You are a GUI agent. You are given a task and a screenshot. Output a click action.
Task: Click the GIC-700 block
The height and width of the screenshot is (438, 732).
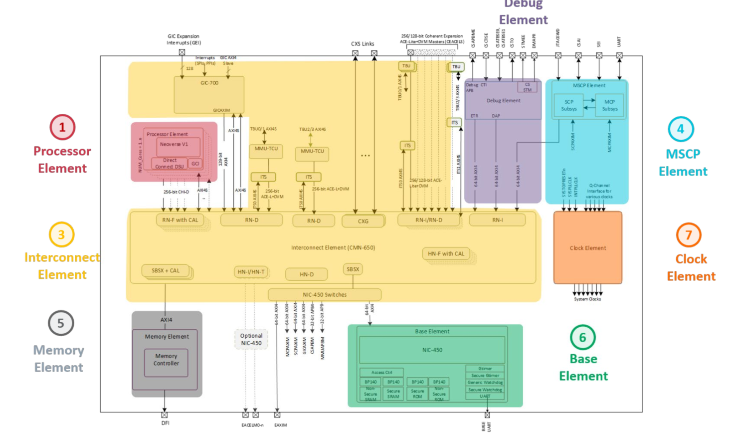click(x=209, y=94)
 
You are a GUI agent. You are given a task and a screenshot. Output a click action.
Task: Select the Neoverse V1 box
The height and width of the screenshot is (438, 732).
click(x=175, y=145)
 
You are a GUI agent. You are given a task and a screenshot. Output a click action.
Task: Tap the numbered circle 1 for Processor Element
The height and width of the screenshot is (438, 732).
click(x=62, y=127)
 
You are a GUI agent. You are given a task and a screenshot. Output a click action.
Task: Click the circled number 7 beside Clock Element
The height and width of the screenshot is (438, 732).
click(x=689, y=235)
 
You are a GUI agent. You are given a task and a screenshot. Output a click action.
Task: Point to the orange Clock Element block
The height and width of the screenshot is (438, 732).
click(x=588, y=248)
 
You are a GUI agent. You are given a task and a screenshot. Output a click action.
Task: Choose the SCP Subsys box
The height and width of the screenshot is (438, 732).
click(x=569, y=105)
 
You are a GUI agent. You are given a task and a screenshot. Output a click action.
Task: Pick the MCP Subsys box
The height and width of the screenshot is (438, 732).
click(x=609, y=105)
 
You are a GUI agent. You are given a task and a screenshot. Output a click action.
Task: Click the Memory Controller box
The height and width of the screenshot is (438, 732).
click(x=166, y=360)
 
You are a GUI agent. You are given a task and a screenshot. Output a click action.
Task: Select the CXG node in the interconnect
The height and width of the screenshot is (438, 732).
click(x=363, y=221)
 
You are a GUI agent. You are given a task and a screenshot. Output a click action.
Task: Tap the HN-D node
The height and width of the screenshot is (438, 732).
click(x=307, y=274)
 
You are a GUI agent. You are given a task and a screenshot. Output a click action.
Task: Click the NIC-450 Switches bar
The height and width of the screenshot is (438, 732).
click(x=325, y=295)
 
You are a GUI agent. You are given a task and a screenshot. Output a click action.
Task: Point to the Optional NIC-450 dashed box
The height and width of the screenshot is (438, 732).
click(x=251, y=339)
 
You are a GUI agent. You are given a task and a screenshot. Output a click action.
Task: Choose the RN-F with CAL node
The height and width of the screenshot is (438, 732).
click(x=180, y=220)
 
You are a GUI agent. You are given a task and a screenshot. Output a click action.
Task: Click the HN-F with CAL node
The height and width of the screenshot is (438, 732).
click(x=446, y=254)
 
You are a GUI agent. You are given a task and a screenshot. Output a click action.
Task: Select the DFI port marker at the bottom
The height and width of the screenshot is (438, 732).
click(x=165, y=415)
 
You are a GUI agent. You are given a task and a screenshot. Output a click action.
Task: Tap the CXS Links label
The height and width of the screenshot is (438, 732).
click(x=363, y=44)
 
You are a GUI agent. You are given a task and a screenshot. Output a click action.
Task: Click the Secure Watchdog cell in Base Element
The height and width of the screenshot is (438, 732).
click(x=485, y=390)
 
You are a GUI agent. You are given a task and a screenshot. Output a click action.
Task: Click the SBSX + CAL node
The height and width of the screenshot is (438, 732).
click(x=166, y=271)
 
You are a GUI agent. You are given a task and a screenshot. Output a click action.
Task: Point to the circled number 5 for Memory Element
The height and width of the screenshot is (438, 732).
click(x=61, y=323)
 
